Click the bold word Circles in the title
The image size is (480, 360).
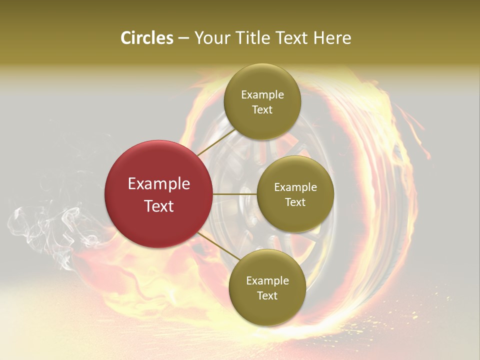point(147,38)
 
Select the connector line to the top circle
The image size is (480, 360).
point(216,142)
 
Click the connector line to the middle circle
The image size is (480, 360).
point(235,194)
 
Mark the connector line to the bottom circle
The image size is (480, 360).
point(219,247)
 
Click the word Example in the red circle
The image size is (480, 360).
point(159,184)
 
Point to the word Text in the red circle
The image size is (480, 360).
point(159,206)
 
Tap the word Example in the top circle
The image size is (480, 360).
point(262,95)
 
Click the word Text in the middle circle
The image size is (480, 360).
point(295,202)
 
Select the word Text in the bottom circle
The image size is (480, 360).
point(267,296)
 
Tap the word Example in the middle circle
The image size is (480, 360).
point(295,187)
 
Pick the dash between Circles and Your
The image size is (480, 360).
point(183,38)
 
